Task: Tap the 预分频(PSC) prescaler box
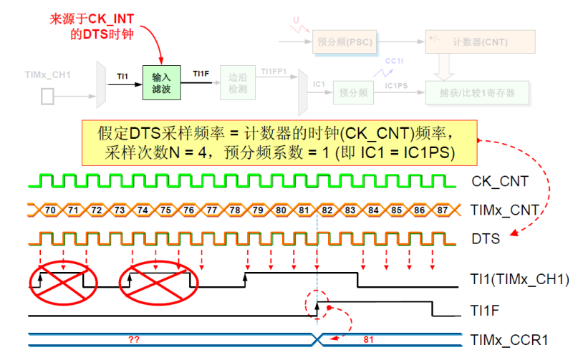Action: (343, 43)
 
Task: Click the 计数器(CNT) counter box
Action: (480, 43)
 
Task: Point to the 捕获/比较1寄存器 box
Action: (480, 92)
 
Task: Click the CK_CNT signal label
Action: (500, 181)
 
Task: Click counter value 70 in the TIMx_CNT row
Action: (50, 210)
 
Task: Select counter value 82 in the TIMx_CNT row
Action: (327, 210)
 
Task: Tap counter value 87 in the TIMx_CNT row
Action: (443, 210)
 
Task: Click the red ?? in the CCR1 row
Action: (133, 339)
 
